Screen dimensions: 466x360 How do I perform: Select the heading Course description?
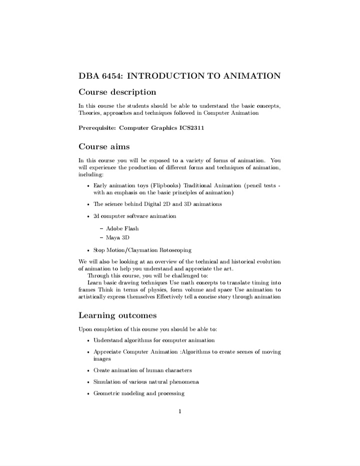[x=117, y=92]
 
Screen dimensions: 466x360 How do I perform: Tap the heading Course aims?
[x=104, y=147]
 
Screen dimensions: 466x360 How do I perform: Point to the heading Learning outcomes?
[x=117, y=315]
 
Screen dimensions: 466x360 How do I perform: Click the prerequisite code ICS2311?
[x=191, y=128]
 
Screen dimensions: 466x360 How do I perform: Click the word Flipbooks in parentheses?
[x=168, y=185]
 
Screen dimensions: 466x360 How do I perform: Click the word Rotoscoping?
[x=175, y=250]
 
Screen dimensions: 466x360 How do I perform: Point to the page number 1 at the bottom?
[x=179, y=412]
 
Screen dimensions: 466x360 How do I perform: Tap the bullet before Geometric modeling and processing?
[x=88, y=393]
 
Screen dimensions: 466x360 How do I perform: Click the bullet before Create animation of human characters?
[x=88, y=370]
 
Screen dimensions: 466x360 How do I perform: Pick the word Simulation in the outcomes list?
[x=107, y=382]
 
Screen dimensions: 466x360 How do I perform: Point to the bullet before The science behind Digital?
[x=88, y=204]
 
